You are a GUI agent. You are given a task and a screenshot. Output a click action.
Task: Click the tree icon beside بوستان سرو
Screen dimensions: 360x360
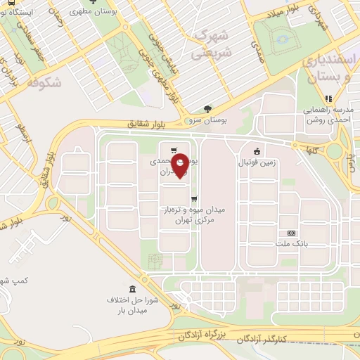(x=207, y=109)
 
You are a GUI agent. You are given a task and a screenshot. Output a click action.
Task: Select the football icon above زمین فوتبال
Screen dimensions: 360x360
(x=257, y=150)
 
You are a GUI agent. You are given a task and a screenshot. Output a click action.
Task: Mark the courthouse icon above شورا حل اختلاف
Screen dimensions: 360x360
(x=133, y=290)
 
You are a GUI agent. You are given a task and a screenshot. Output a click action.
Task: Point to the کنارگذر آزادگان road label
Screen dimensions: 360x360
(x=282, y=340)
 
